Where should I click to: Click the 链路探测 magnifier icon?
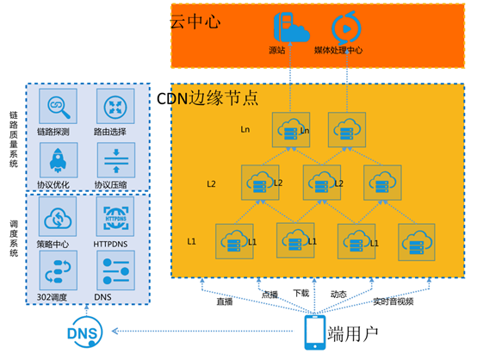[58, 106]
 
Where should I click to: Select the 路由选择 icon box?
[115, 106]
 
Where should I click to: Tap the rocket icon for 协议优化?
[59, 160]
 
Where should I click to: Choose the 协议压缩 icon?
[116, 160]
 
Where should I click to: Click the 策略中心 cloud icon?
[58, 216]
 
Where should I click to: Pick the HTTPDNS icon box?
[115, 216]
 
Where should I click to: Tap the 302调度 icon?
[58, 270]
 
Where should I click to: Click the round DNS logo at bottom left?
[84, 332]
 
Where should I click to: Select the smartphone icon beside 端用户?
[315, 332]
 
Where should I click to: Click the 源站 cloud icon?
[291, 28]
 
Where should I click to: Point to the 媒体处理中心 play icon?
[346, 28]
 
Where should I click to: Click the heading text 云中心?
[195, 22]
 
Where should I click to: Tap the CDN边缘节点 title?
[208, 98]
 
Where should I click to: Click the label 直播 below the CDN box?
[225, 301]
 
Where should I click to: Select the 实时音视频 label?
[393, 301]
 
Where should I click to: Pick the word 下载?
[301, 294]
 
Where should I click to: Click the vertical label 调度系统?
[14, 239]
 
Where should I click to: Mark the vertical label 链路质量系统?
[14, 140]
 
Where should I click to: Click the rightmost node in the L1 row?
[417, 242]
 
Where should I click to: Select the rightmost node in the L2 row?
[382, 183]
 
